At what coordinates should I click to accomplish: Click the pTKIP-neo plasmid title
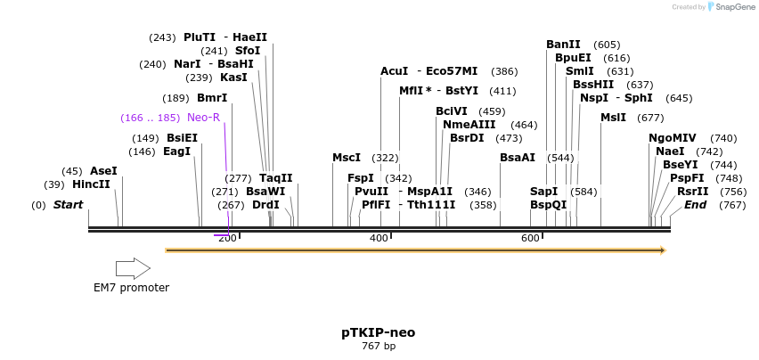click(378, 332)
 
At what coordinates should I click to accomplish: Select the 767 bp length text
click(378, 346)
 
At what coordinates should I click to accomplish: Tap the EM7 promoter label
click(131, 288)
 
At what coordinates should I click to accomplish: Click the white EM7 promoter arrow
click(133, 268)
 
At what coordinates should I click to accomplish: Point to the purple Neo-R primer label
click(203, 117)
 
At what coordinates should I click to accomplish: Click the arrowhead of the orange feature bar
click(662, 250)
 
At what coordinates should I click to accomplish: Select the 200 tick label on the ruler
click(227, 238)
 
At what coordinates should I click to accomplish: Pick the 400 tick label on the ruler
click(379, 238)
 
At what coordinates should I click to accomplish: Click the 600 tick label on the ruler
click(530, 238)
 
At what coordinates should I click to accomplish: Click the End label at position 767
click(695, 205)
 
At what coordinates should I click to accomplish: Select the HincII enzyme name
click(91, 184)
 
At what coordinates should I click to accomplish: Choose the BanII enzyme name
click(563, 45)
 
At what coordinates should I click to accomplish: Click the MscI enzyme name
click(347, 158)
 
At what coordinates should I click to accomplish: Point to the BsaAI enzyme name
click(518, 158)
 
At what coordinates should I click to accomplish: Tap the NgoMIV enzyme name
click(673, 138)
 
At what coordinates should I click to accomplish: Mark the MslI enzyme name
click(613, 118)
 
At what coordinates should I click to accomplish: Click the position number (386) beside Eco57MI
click(504, 71)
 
